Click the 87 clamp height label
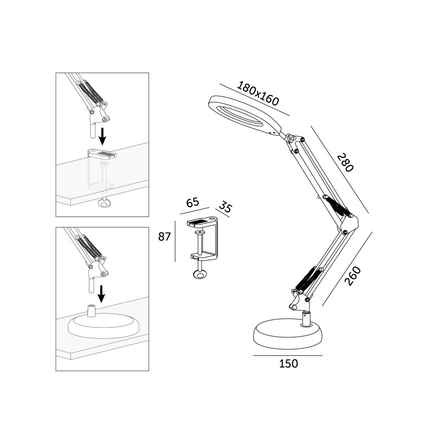click(x=164, y=236)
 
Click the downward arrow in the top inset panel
click(x=103, y=136)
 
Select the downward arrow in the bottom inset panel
click(x=102, y=293)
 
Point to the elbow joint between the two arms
click(x=349, y=224)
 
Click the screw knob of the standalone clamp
click(x=200, y=276)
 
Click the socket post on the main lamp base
click(x=306, y=319)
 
